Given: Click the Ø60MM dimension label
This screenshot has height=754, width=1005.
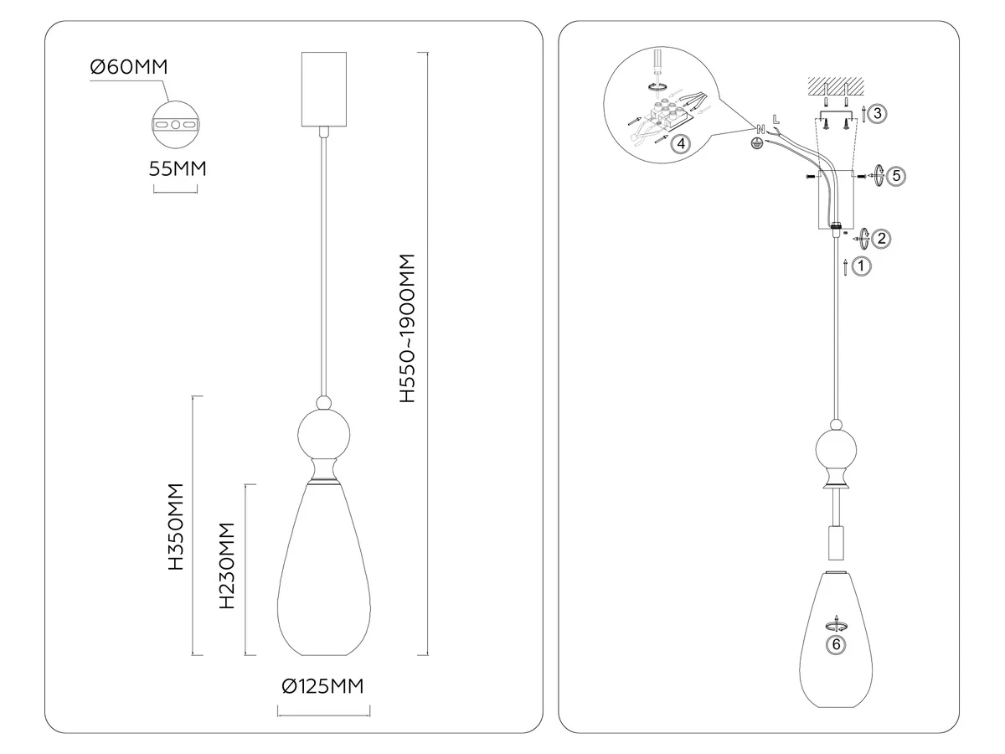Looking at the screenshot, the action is (129, 67).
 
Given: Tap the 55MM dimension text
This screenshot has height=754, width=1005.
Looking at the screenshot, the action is (178, 169).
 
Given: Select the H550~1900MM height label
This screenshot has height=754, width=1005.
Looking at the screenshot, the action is (407, 328).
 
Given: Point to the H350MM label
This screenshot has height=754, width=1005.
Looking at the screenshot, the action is (176, 526).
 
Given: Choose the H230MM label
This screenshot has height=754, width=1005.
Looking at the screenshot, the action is (227, 565).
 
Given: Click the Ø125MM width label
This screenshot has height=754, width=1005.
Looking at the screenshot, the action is (322, 686).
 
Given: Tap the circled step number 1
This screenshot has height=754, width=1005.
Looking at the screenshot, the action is (861, 266).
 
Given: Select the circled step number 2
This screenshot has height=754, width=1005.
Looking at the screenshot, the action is (881, 239).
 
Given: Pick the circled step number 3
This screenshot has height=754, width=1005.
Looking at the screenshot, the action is (877, 114).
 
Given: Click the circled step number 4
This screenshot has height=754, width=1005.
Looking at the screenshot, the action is (681, 144).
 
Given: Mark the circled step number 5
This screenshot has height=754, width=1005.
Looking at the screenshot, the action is (896, 176).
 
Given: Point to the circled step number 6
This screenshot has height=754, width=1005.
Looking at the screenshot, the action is (836, 644).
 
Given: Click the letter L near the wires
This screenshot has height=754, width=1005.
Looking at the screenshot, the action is (776, 120).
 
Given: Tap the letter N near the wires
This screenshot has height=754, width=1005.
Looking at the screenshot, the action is (760, 130).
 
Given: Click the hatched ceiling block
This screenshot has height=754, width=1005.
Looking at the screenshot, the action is (836, 86).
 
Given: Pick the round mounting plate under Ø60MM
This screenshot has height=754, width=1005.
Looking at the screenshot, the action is (176, 125).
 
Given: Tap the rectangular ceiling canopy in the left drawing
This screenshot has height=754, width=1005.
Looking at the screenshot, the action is (324, 90).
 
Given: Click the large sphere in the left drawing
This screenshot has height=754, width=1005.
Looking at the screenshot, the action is (324, 435).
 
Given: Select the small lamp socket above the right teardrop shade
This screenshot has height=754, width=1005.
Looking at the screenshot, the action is (836, 544).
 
